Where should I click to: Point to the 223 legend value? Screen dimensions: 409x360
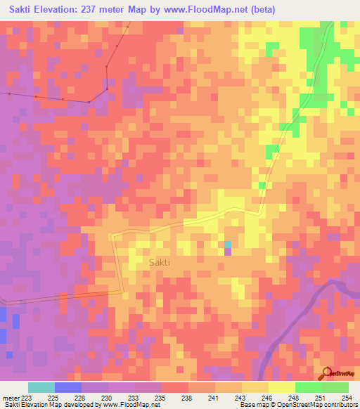point(27,397)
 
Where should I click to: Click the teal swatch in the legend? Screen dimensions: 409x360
point(41,387)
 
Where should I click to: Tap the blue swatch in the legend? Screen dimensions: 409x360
point(67,387)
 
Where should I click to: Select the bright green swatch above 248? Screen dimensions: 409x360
point(308,387)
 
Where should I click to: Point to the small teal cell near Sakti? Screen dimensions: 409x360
point(228,245)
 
